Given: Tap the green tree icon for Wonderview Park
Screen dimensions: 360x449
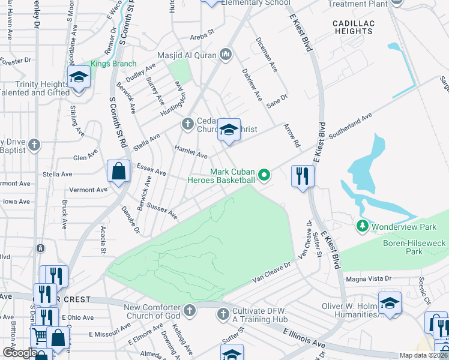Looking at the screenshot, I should tap(362, 226).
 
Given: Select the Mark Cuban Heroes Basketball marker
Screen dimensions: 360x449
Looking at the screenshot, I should tap(264, 175).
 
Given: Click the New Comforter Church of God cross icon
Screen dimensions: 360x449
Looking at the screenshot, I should tap(190, 310).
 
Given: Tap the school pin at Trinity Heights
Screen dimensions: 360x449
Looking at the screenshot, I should tap(79, 77).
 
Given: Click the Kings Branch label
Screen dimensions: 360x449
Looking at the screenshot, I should tap(113, 64).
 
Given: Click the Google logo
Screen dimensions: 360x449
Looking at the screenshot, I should tap(19, 353).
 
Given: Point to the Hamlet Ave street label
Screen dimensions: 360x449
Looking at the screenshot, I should tap(191, 151).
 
